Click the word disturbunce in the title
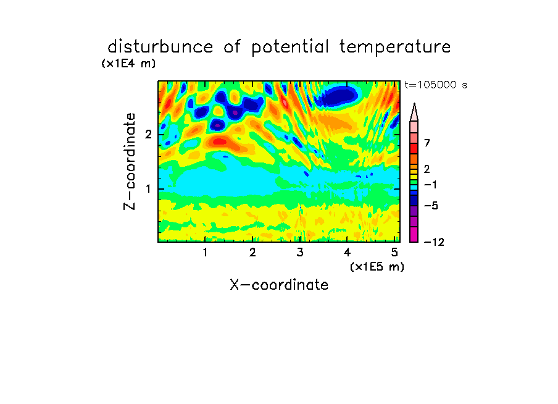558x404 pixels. click(160, 47)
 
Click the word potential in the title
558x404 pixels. click(290, 48)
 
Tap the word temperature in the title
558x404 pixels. click(395, 48)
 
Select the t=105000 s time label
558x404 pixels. click(436, 85)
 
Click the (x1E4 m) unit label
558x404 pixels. click(128, 64)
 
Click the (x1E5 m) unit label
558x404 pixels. click(377, 267)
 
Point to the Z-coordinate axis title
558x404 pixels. click(130, 161)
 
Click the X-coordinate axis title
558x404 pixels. click(279, 285)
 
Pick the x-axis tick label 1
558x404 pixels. click(205, 253)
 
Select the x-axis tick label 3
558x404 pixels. click(300, 253)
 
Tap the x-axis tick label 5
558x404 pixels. click(394, 253)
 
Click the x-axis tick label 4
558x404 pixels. click(348, 253)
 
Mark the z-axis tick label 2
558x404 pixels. click(148, 135)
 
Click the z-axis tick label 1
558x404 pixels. click(148, 189)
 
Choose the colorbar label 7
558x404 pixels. click(427, 143)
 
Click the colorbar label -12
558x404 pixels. click(434, 243)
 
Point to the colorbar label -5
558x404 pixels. click(431, 206)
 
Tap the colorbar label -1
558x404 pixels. click(431, 185)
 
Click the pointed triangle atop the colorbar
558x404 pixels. click(414, 112)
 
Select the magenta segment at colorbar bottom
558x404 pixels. click(414, 234)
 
